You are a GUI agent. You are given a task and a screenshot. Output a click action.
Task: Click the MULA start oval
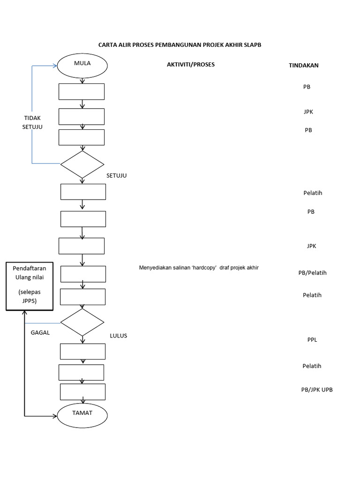(x=82, y=65)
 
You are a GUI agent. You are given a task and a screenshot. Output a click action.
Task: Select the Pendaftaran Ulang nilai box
(x=29, y=286)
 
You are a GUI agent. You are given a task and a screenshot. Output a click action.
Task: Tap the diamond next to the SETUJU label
(x=82, y=164)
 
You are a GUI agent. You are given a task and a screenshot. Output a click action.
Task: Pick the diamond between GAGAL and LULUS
(x=82, y=322)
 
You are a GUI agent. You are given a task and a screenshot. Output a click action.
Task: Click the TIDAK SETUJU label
(x=32, y=122)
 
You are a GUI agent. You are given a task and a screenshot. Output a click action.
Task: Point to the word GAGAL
(x=40, y=332)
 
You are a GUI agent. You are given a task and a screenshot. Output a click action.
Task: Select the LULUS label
(x=118, y=336)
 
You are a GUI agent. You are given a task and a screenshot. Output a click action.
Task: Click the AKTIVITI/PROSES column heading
(x=191, y=64)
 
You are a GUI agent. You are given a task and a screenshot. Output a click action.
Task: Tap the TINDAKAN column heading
(x=303, y=66)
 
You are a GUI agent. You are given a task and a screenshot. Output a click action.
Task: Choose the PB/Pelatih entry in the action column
(x=312, y=273)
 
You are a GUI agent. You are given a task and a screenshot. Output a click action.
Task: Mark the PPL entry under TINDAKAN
(x=312, y=340)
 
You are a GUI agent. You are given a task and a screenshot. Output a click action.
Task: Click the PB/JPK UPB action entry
(x=317, y=390)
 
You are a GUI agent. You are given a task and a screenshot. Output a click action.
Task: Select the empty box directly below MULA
(x=82, y=91)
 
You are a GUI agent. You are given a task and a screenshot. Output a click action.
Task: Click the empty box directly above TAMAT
(x=82, y=391)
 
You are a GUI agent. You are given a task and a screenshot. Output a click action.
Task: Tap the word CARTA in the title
(x=107, y=45)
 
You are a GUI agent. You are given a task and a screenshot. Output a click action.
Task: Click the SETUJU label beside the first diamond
(x=117, y=176)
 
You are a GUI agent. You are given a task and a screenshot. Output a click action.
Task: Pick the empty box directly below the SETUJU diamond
(x=83, y=192)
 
